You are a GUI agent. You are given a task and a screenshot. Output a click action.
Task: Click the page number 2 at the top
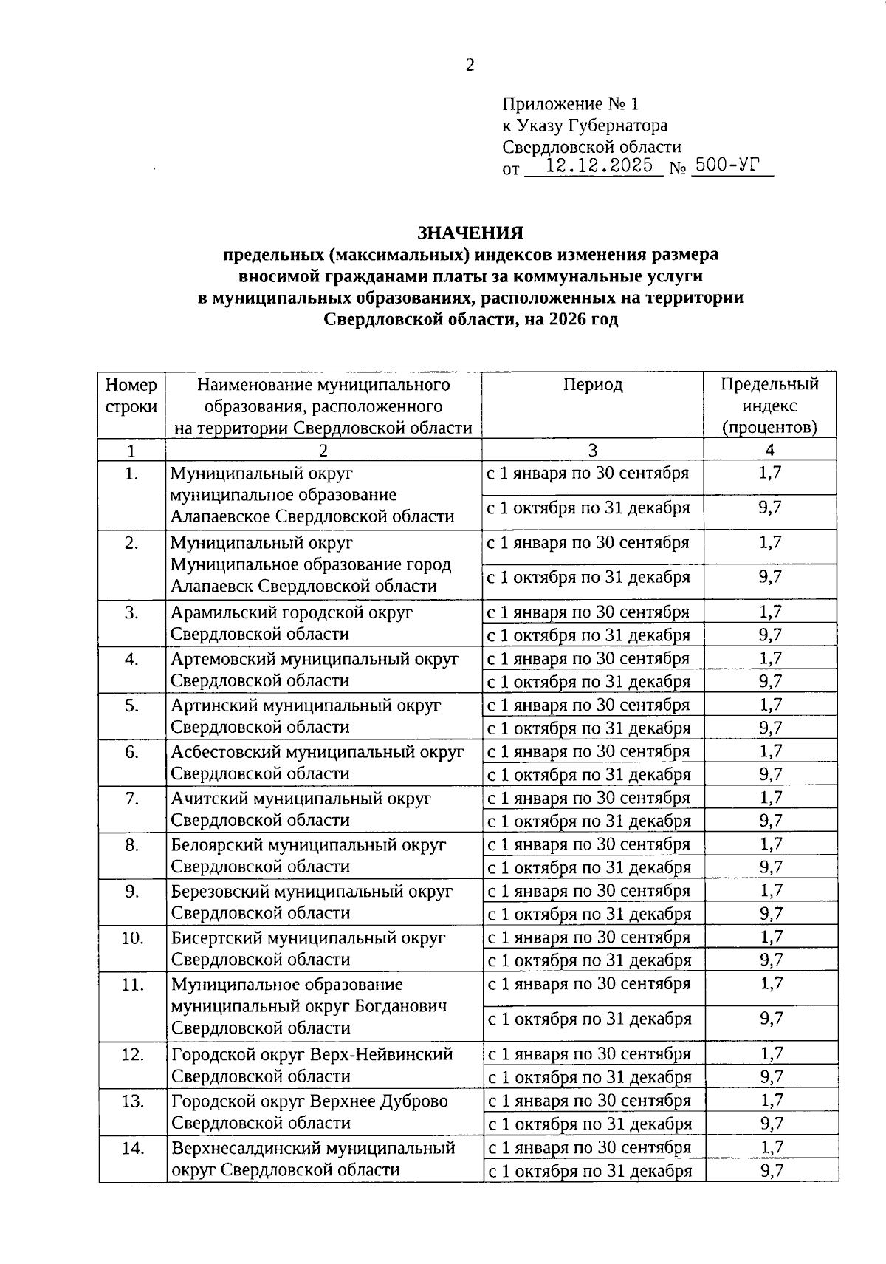(x=470, y=66)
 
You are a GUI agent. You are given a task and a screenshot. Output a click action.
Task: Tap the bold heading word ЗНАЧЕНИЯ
(x=470, y=233)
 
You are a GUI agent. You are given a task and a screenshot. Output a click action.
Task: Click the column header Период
(x=593, y=385)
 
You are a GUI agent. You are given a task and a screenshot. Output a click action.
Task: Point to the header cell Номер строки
(x=131, y=396)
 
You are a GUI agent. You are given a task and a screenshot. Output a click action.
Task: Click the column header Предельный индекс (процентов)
(x=769, y=406)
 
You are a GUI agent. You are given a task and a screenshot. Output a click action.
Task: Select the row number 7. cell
(x=131, y=799)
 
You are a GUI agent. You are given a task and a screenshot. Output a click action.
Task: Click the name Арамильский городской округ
(x=291, y=612)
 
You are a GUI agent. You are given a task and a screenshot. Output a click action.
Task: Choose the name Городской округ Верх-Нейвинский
(x=312, y=1054)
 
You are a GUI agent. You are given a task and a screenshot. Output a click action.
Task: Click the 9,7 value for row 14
(x=771, y=1170)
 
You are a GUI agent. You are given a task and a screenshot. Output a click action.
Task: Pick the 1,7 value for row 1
(x=770, y=473)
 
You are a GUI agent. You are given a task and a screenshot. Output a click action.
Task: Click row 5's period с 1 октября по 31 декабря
(x=588, y=728)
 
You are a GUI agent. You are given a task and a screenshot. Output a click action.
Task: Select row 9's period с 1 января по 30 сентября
(x=588, y=891)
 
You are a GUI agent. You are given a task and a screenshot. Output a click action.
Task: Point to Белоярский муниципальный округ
(x=309, y=845)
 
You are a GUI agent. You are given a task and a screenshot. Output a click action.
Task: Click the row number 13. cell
(x=132, y=1101)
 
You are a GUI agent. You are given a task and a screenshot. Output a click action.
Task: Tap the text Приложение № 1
(x=569, y=103)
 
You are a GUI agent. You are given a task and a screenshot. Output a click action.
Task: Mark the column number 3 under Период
(x=592, y=450)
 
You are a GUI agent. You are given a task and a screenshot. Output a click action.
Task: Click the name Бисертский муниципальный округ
(x=308, y=938)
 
